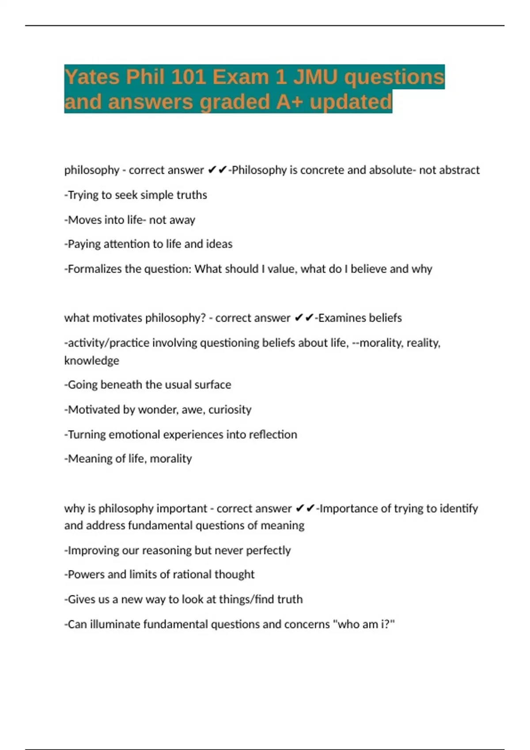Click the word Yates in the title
pos(92,77)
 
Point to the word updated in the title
pos(351,102)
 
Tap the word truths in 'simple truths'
pos(192,195)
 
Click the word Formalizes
pos(95,269)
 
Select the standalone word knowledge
pos(92,361)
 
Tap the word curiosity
pos(230,410)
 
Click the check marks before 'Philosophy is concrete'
pos(217,170)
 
